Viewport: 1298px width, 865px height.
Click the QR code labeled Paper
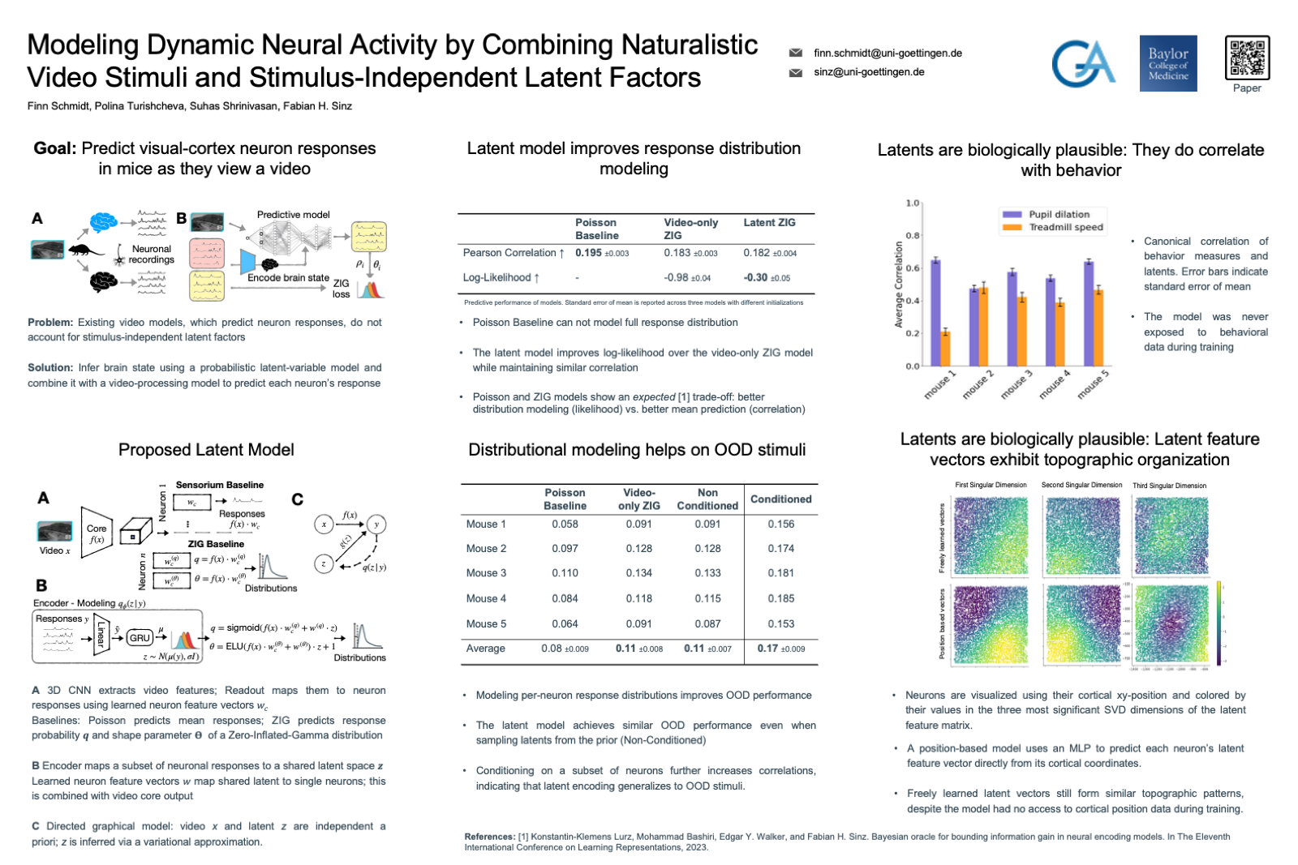[1247, 58]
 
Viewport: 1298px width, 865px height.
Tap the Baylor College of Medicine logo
[1168, 63]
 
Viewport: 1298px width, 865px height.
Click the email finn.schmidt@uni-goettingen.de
[888, 54]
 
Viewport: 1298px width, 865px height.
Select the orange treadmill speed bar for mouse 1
[945, 349]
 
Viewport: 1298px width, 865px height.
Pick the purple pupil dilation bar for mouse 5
[1089, 313]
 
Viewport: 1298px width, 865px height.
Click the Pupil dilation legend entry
[1059, 215]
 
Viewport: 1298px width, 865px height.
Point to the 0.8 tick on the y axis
[913, 236]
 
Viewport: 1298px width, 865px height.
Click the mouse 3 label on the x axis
[1016, 384]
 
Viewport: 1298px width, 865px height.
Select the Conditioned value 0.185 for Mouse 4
[780, 598]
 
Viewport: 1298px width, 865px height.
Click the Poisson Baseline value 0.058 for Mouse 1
[565, 525]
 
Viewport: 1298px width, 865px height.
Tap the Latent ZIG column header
[769, 223]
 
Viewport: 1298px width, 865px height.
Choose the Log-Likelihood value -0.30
[756, 277]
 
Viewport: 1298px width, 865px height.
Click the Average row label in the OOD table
[485, 649]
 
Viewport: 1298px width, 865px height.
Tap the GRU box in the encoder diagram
[140, 638]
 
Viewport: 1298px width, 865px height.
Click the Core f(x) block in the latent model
[97, 533]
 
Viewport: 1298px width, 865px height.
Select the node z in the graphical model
[324, 563]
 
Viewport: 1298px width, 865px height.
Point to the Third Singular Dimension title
[1169, 486]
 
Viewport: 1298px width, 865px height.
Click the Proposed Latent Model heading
[206, 450]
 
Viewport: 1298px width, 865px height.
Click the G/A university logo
[1083, 63]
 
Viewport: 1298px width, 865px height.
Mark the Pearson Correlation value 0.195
[589, 253]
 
